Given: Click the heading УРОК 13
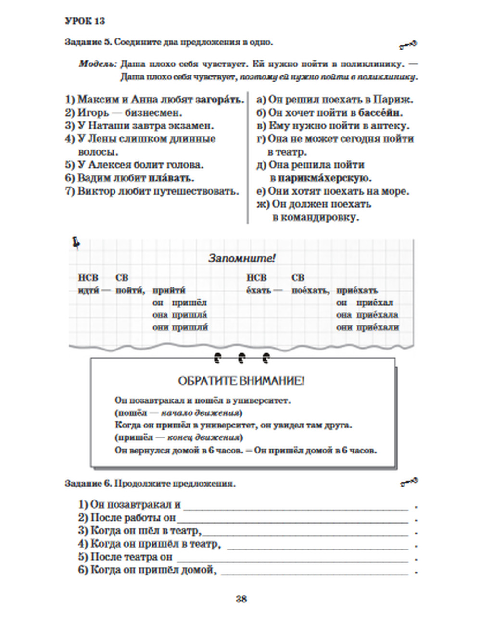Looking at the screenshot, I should pyautogui.click(x=85, y=21).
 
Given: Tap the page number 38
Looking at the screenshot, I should pyautogui.click(x=241, y=599).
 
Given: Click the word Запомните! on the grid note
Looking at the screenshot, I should pyautogui.click(x=241, y=258).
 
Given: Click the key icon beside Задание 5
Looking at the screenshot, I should pyautogui.click(x=408, y=45).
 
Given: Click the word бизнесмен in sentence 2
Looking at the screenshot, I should pyautogui.click(x=153, y=113).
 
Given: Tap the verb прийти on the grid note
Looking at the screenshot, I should pyautogui.click(x=169, y=290).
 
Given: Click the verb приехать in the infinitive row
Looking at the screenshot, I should pyautogui.click(x=357, y=290).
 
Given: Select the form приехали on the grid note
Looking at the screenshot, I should pyautogui.click(x=378, y=327).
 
